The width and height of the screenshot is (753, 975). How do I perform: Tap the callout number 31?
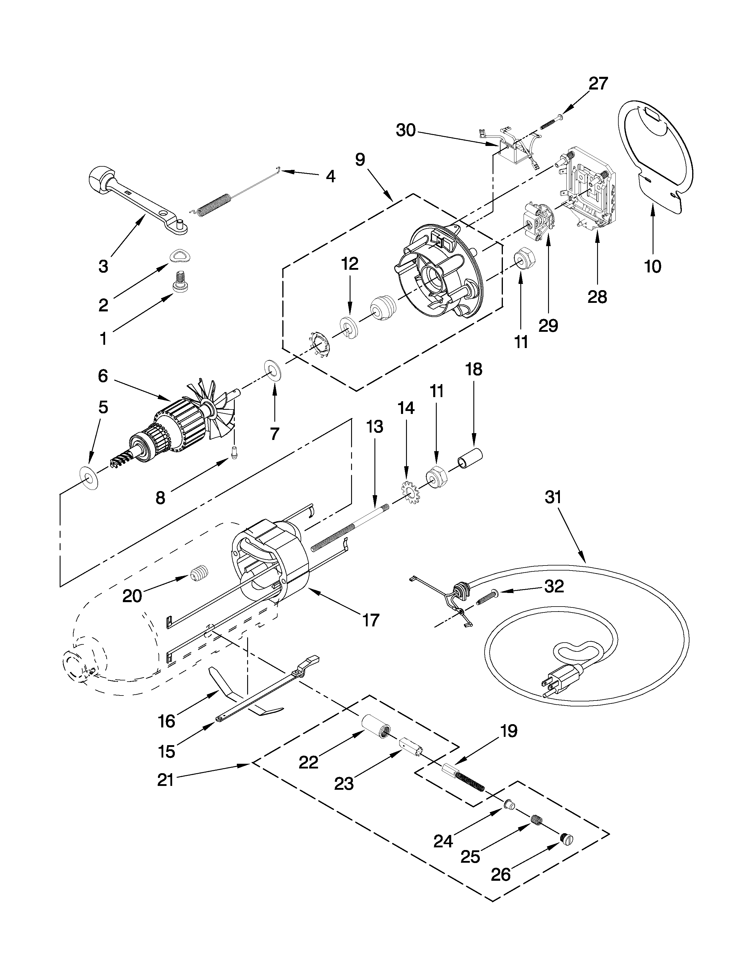point(553,497)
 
